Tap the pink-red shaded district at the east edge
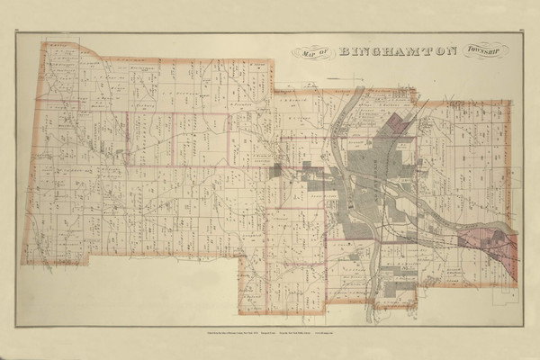pos(487,243)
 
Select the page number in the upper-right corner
pos(521,34)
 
